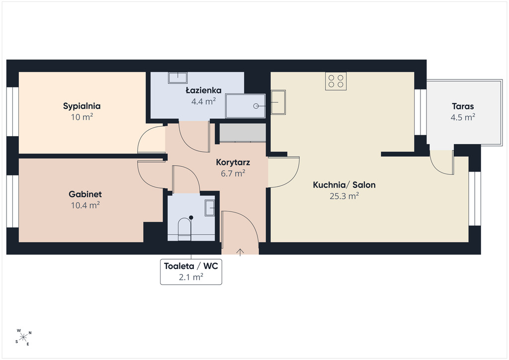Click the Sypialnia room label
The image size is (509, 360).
[x=82, y=106]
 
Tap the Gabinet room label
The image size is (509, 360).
[x=85, y=194]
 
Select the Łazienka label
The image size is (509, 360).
[x=203, y=90]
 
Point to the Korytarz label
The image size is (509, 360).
[x=233, y=162]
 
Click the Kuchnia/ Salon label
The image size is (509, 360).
[x=344, y=185]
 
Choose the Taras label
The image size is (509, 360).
[x=463, y=106]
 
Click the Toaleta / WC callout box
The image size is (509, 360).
[x=191, y=271]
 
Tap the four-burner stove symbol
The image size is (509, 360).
[x=336, y=81]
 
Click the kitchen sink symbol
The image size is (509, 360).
[x=278, y=102]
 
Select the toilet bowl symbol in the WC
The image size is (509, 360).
[x=184, y=229]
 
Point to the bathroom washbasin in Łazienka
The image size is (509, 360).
[x=177, y=78]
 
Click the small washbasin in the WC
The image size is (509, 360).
[x=210, y=208]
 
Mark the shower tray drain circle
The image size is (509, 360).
[x=256, y=106]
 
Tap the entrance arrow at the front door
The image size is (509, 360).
[x=240, y=252]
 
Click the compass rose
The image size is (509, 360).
[x=23, y=338]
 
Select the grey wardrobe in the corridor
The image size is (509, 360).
[x=243, y=132]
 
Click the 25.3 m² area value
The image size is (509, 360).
[x=344, y=196]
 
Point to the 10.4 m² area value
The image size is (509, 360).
[x=85, y=205]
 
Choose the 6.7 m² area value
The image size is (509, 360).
[x=233, y=174]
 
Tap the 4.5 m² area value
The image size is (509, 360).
[x=463, y=117]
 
